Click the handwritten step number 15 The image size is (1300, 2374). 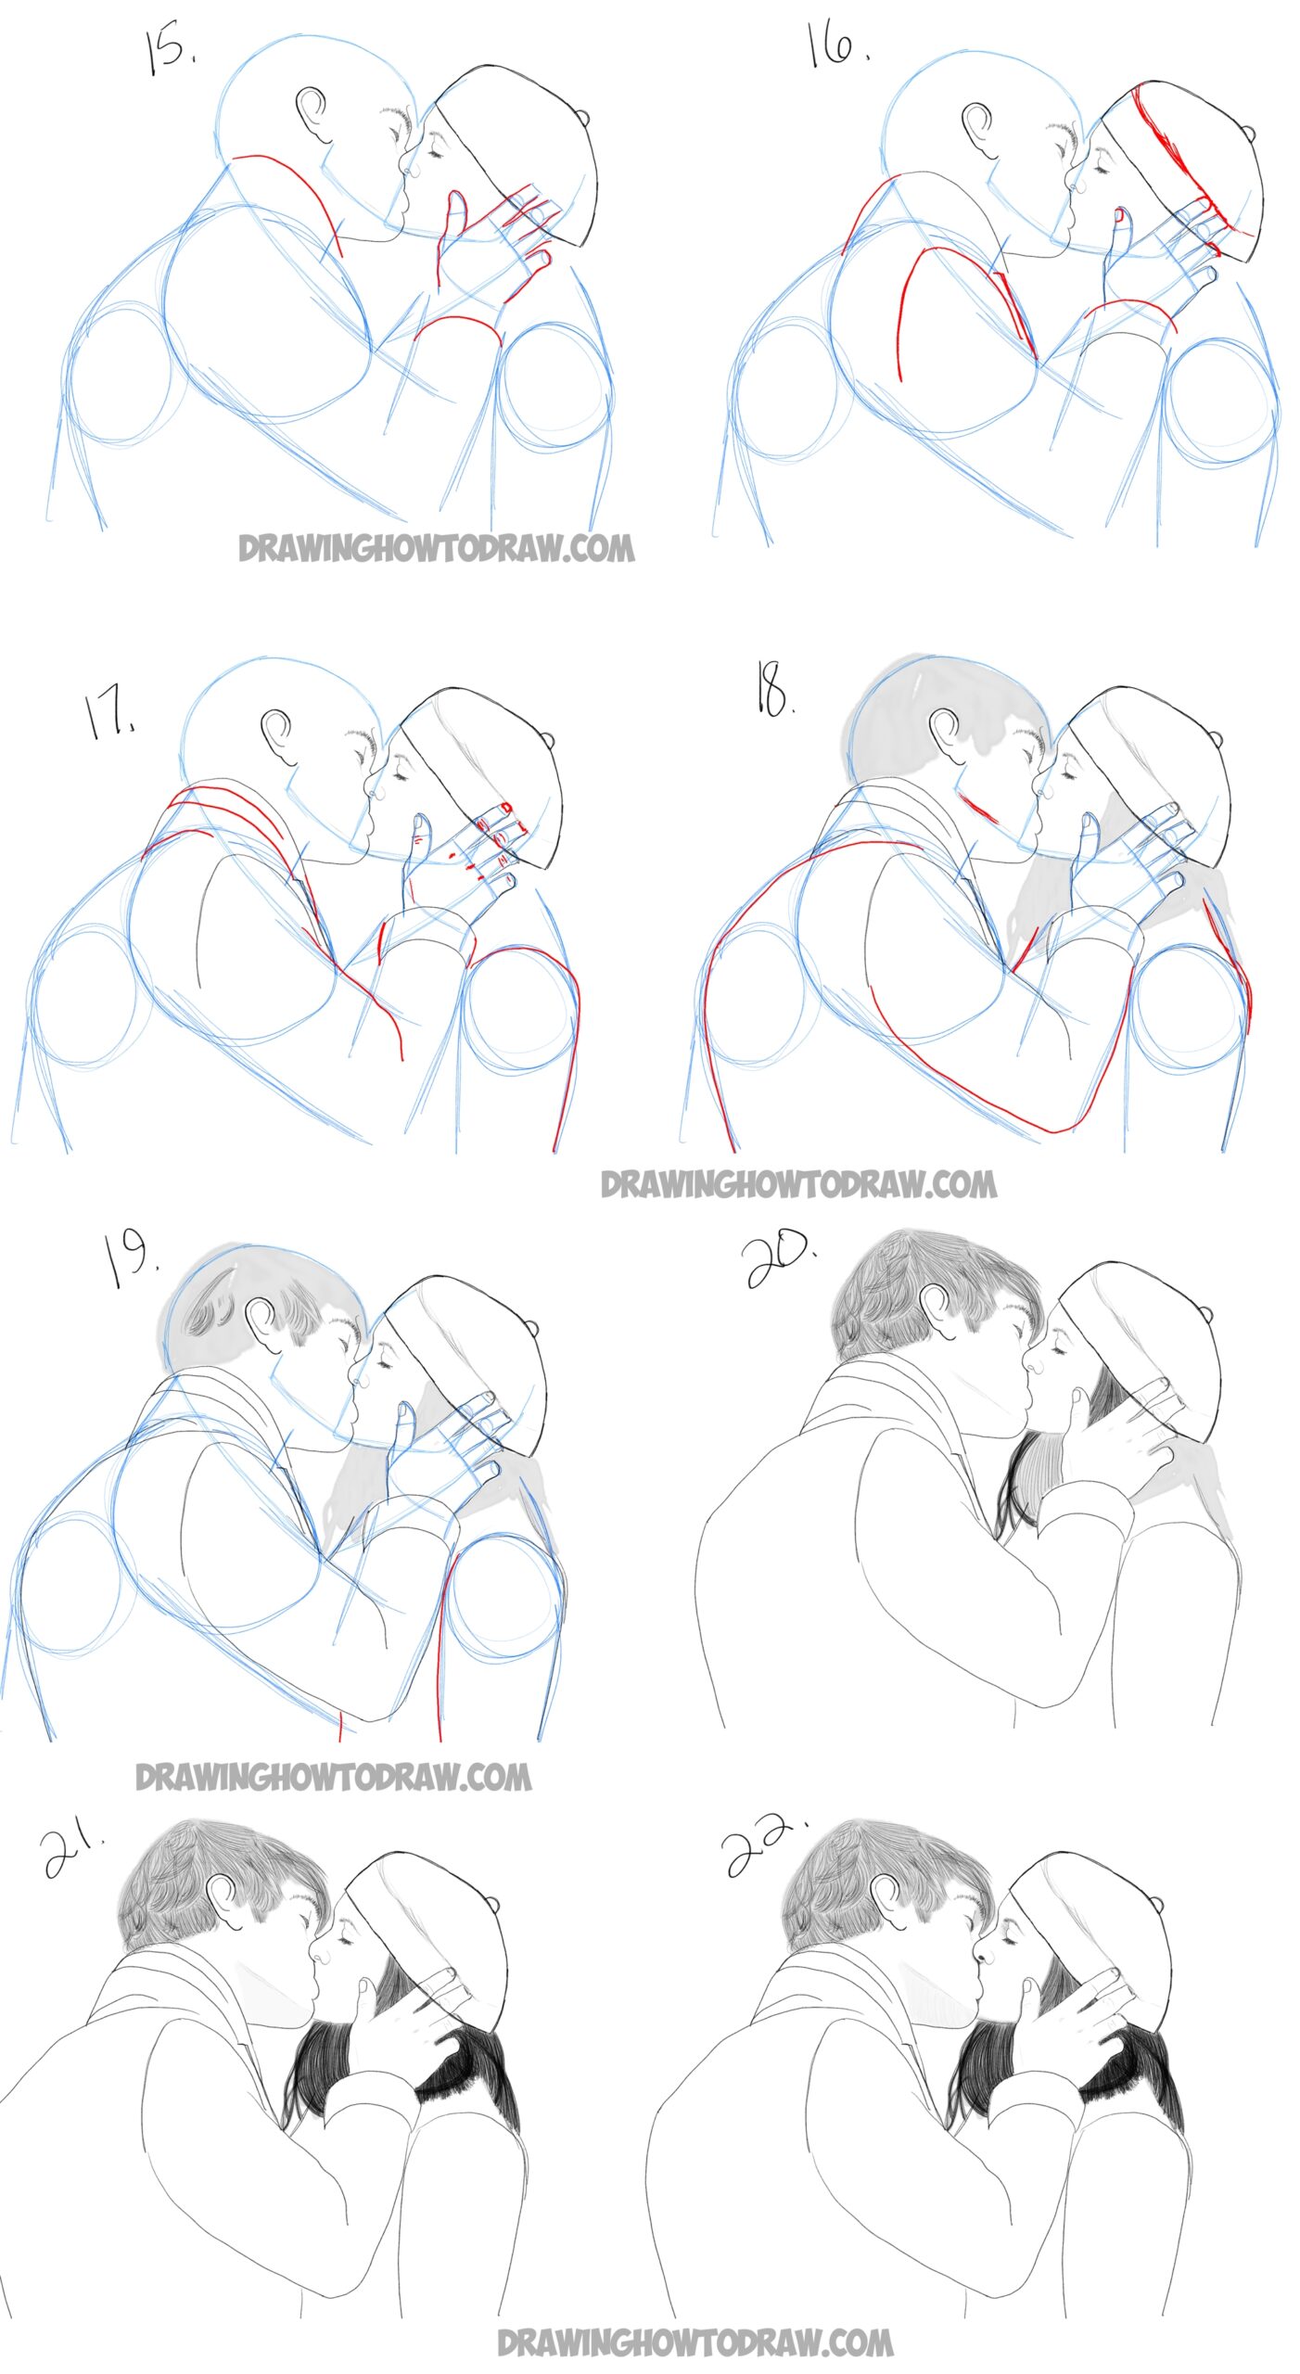click(x=169, y=50)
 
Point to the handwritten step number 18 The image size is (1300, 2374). click(x=773, y=691)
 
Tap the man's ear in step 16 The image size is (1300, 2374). click(x=976, y=126)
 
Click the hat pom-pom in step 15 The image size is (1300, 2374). click(x=582, y=118)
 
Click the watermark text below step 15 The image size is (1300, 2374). click(x=437, y=547)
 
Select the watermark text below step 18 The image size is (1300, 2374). click(x=798, y=1183)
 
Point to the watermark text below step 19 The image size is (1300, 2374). click(x=334, y=1777)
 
